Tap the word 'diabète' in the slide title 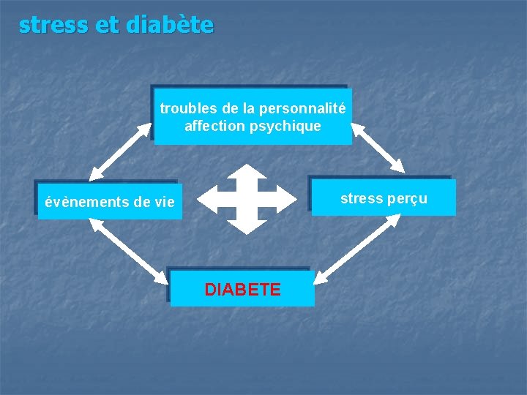(x=170, y=25)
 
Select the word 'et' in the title (x=107, y=26)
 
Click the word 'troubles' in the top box (x=187, y=109)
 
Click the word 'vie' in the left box (x=165, y=203)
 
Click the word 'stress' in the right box (x=363, y=198)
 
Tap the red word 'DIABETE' (x=242, y=290)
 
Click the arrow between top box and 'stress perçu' (x=378, y=148)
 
